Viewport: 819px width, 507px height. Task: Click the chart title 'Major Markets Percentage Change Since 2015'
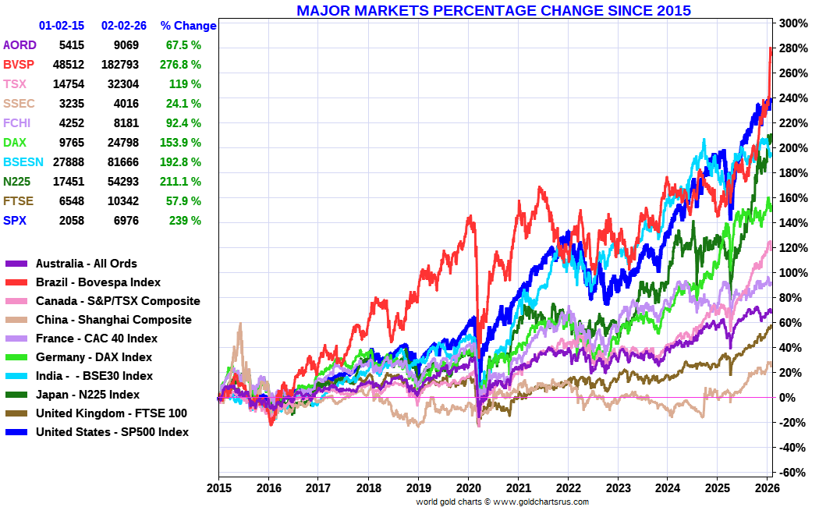tap(494, 10)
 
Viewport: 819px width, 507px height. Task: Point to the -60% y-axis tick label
tap(789, 473)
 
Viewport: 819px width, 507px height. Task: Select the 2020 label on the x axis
tap(468, 489)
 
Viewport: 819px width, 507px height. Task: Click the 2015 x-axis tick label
tap(218, 489)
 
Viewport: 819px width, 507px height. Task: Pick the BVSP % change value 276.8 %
tap(181, 65)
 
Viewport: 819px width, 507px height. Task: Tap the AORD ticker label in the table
tap(19, 45)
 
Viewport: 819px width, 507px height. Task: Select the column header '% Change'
tap(188, 26)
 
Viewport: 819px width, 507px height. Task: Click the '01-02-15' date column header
tap(62, 26)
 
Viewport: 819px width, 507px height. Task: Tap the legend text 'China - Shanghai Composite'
tap(113, 320)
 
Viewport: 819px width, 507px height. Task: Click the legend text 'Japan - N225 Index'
tap(87, 395)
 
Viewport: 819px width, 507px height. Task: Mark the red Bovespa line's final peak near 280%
tap(770, 48)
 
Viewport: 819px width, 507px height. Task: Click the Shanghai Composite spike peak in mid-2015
tap(240, 324)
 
